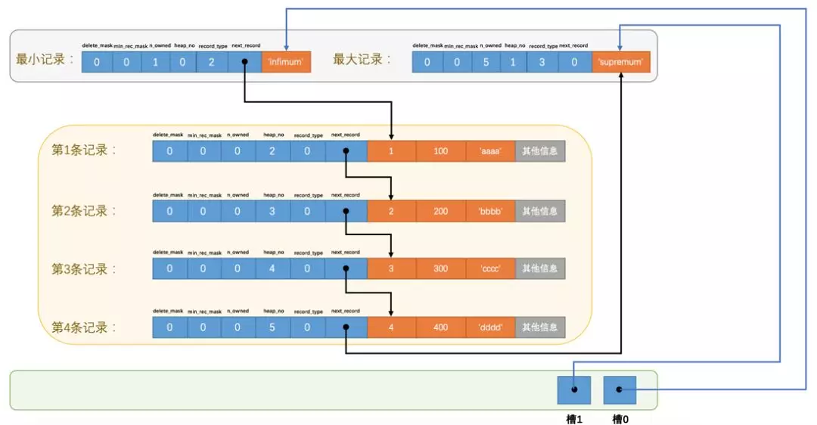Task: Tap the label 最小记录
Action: [x=45, y=59]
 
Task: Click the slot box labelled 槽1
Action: [x=573, y=389]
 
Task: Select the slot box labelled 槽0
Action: [x=620, y=389]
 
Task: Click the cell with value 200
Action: [x=441, y=210]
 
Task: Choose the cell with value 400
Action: [x=441, y=327]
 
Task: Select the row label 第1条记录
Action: [x=84, y=150]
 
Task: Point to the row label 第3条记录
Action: [x=84, y=268]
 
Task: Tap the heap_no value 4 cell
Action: [x=273, y=268]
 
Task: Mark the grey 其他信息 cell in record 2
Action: [x=541, y=210]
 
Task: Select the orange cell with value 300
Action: [x=441, y=268]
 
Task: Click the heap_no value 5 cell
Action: [x=273, y=327]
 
